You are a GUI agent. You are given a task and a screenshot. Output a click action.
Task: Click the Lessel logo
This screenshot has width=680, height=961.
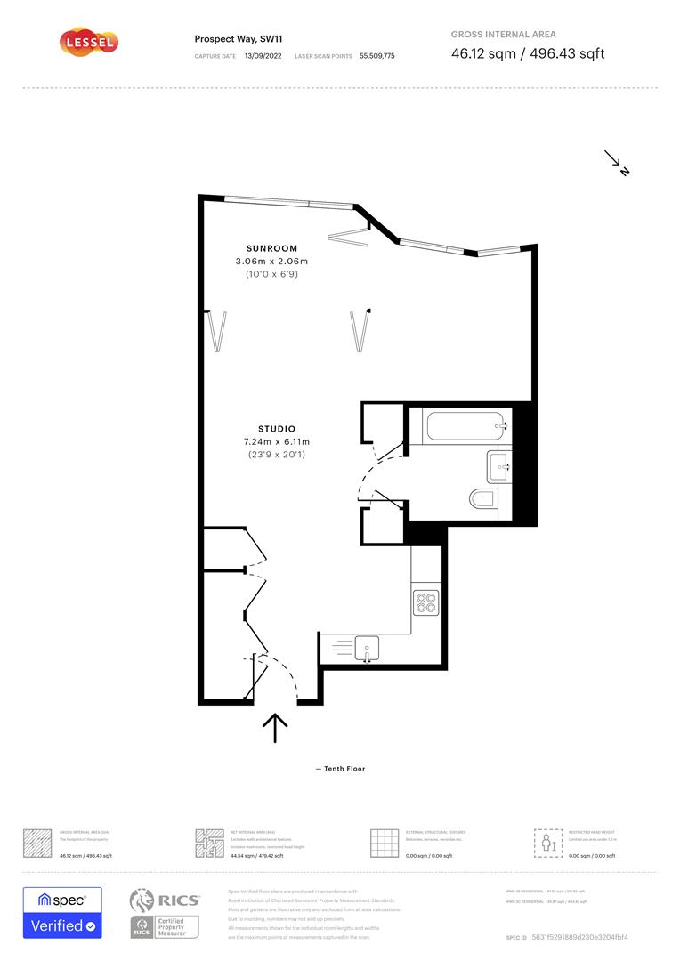pos(88,42)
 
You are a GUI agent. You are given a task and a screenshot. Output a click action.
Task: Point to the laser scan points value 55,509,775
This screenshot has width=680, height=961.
pos(377,56)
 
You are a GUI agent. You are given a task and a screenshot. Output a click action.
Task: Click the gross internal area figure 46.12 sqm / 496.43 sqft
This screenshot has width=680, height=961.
pos(528,53)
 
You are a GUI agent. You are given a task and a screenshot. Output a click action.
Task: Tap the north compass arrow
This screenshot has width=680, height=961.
pos(618,163)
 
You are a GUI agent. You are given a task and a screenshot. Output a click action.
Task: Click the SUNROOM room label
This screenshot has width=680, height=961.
pos(271,248)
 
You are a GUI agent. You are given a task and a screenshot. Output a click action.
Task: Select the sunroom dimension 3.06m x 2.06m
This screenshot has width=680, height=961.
pos(271,262)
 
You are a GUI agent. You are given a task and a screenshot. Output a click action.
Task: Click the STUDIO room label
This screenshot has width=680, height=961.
pos(277,429)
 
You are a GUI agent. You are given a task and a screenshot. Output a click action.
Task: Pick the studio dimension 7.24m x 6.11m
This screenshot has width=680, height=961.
pos(277,442)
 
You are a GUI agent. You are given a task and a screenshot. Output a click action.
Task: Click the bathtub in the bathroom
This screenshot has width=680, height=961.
pos(466,425)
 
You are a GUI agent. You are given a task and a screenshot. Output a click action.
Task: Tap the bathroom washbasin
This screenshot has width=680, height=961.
pos(498,464)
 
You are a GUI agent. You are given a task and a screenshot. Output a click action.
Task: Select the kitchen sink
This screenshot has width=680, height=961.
pos(367,645)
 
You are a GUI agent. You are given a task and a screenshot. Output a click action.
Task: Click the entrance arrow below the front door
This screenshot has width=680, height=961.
pos(275,727)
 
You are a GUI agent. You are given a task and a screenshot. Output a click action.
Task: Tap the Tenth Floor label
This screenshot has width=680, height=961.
pos(341,769)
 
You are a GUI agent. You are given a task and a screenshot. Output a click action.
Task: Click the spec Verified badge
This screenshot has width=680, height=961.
pos(62,912)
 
